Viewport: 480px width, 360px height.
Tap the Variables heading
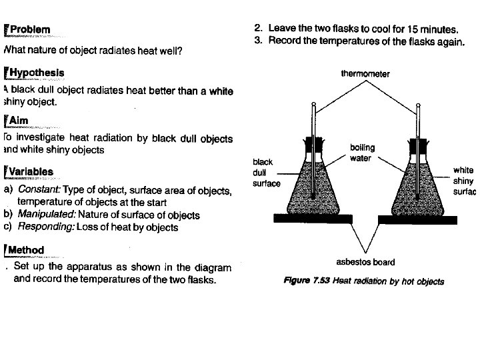(x=31, y=172)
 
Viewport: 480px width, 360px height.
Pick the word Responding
(x=46, y=227)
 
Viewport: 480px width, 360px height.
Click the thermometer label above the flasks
(x=365, y=74)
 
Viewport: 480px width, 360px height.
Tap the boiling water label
(x=362, y=153)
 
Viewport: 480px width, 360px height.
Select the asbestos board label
(x=366, y=262)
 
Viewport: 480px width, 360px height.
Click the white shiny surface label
(x=464, y=181)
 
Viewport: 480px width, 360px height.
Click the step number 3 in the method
(x=257, y=42)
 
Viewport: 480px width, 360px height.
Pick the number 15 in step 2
(x=406, y=29)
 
